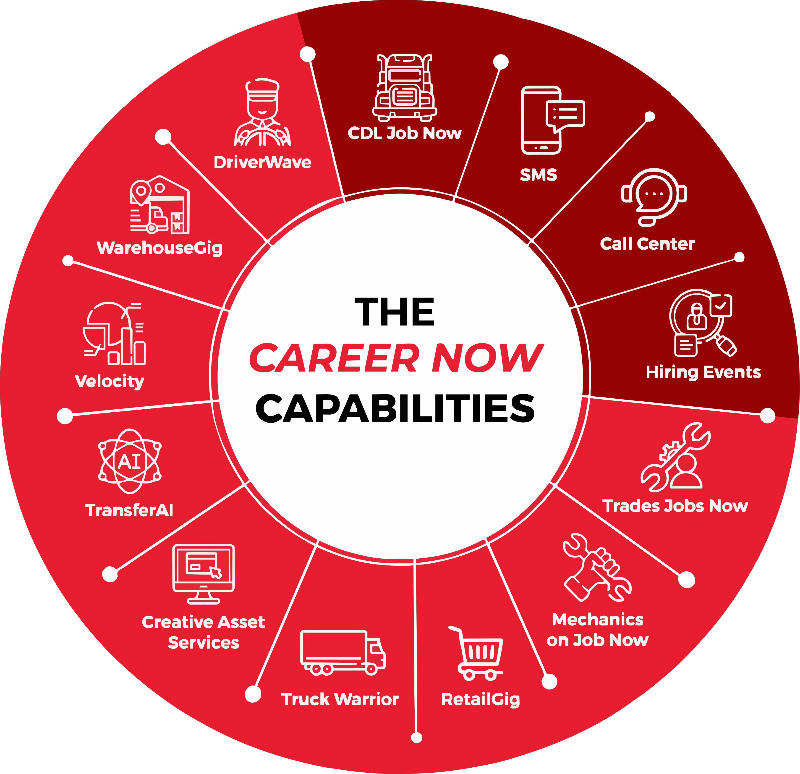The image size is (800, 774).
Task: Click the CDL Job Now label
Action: pos(404,133)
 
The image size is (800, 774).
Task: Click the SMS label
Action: pos(538,175)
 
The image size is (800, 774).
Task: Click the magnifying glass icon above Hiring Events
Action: pos(702,322)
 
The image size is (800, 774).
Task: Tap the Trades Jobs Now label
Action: pos(675,506)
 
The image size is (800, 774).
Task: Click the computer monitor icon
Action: pos(203,574)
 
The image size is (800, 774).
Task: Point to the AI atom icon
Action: pos(130,461)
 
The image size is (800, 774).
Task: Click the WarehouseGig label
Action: pos(159,248)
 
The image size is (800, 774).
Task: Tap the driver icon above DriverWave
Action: pos(262,112)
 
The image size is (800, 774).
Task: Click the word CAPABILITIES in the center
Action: pos(395,408)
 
